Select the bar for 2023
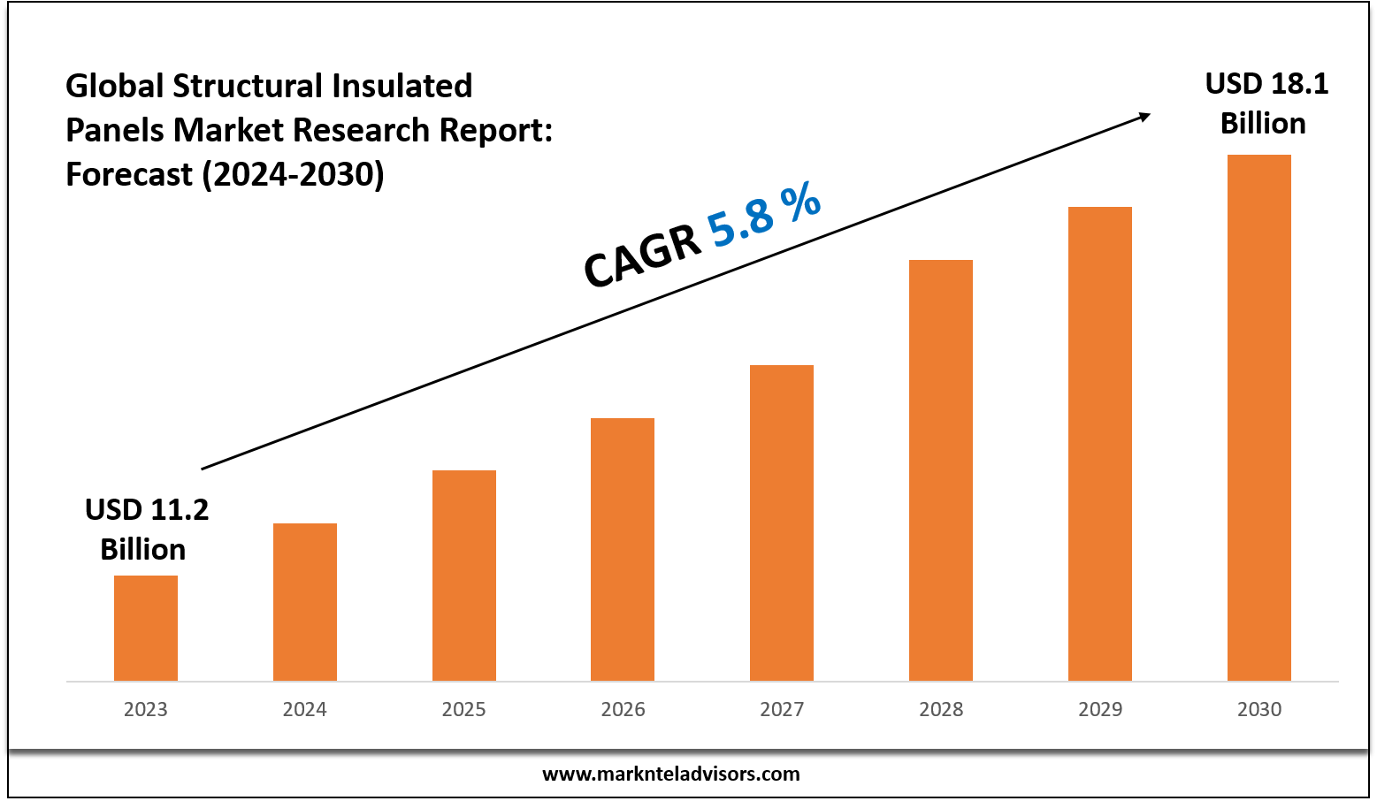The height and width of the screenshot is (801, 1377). [x=146, y=628]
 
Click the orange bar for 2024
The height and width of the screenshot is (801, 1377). [x=305, y=601]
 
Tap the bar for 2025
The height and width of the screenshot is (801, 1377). [x=464, y=575]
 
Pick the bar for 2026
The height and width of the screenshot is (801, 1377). [x=623, y=549]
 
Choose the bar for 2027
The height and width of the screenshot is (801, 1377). [x=782, y=523]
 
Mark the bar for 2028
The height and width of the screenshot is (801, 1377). [x=941, y=469]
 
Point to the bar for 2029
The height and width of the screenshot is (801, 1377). [x=1100, y=443]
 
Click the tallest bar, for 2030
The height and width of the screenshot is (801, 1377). [x=1259, y=417]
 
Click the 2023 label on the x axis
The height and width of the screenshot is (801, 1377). [x=146, y=709]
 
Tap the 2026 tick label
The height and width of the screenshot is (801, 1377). [x=623, y=709]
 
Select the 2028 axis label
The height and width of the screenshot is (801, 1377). [x=941, y=709]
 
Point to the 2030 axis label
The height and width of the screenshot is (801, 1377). [x=1259, y=709]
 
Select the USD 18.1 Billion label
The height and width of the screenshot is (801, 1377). [x=1266, y=103]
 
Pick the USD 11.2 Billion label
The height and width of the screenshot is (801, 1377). [x=146, y=530]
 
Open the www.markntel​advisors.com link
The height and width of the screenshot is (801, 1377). [x=670, y=774]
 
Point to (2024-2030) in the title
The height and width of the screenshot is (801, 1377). [x=294, y=174]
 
